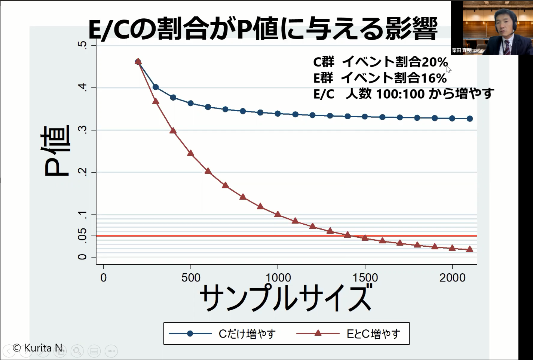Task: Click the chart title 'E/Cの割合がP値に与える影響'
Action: [x=263, y=29]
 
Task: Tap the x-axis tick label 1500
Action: [x=365, y=278]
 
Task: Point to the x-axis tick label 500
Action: [x=191, y=278]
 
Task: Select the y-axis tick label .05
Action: [x=82, y=236]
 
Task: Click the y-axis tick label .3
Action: [x=82, y=130]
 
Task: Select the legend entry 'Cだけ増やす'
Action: [x=247, y=333]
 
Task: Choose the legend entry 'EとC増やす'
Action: [x=373, y=333]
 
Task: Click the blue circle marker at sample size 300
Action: [x=156, y=87]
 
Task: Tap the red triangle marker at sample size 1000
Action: [x=278, y=214]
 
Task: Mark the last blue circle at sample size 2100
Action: [x=470, y=119]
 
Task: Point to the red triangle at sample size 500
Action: [x=190, y=153]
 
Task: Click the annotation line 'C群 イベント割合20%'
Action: [x=380, y=62]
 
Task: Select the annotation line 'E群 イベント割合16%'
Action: [x=380, y=78]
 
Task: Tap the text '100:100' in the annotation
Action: [x=400, y=94]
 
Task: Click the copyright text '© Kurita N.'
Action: [x=39, y=348]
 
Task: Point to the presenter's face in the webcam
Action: [x=503, y=22]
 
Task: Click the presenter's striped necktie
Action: [x=507, y=47]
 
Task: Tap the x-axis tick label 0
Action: [x=104, y=278]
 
